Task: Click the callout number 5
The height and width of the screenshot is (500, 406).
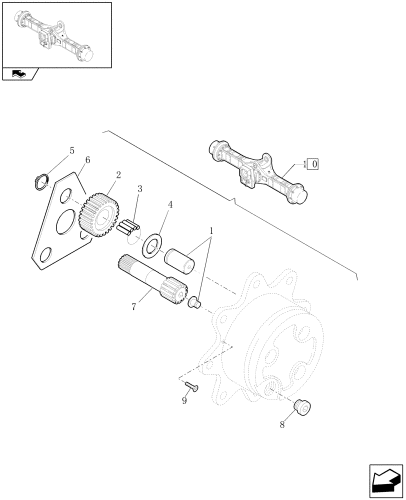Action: (72, 150)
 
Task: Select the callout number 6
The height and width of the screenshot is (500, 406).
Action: (87, 160)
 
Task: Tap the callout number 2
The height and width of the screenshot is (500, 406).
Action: (118, 175)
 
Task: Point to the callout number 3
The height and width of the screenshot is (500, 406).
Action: (139, 189)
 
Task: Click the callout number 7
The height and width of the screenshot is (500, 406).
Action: (133, 306)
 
